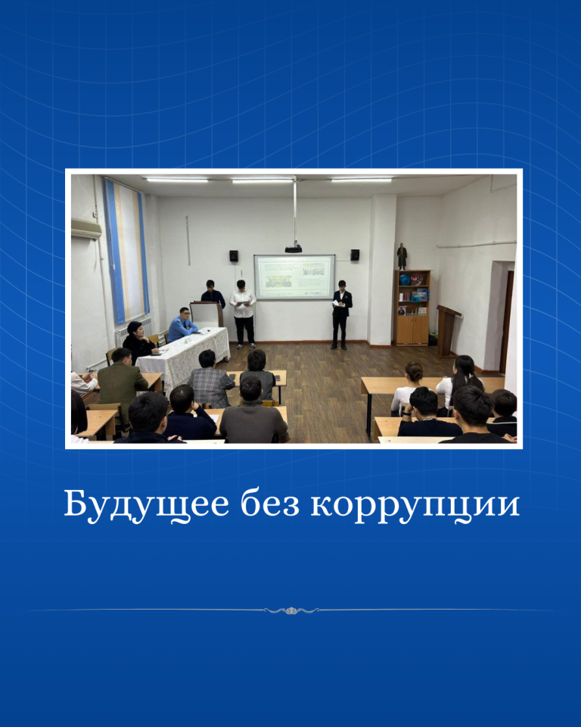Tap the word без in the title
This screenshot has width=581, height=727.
click(x=269, y=504)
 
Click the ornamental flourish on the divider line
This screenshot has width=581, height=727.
click(x=291, y=610)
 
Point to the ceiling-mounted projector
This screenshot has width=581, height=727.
click(x=294, y=249)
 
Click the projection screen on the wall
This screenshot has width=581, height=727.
click(x=294, y=277)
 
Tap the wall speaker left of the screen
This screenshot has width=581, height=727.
click(x=234, y=255)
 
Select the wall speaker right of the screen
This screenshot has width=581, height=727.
click(x=355, y=254)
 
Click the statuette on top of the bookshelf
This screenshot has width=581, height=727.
click(x=402, y=257)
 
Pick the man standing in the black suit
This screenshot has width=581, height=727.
click(x=341, y=314)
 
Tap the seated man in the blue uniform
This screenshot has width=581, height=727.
click(x=182, y=325)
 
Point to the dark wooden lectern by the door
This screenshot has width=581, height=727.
click(x=446, y=330)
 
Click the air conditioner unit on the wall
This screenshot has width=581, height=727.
click(x=86, y=229)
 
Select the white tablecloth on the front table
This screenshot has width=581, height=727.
click(x=185, y=354)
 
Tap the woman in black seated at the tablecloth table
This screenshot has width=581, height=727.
click(x=138, y=342)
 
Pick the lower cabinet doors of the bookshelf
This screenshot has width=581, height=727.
click(x=412, y=329)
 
